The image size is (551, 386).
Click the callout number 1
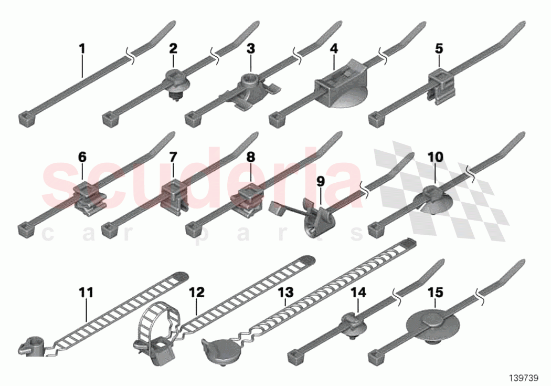point(82,49)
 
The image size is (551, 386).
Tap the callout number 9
point(320,181)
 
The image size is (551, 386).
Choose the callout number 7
point(173,157)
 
